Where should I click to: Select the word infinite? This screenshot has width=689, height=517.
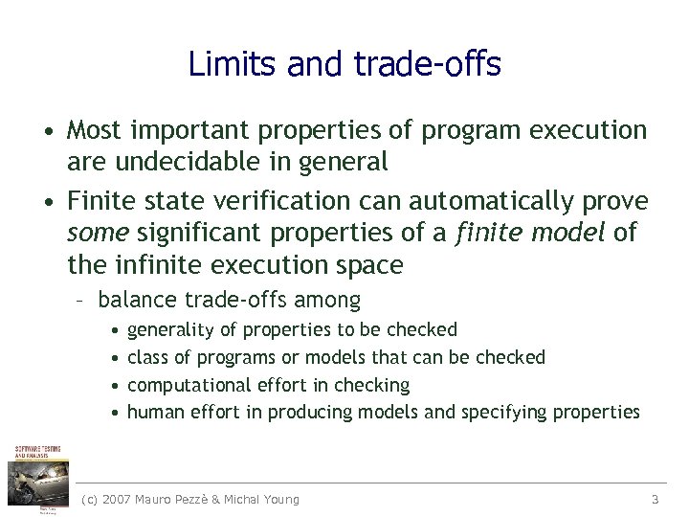click(157, 263)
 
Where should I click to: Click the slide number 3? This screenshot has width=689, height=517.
click(655, 499)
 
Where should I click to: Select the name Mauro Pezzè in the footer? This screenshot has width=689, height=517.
click(181, 499)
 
